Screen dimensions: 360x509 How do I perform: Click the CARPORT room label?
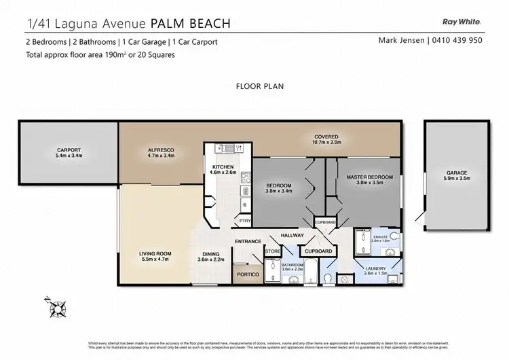(69, 150)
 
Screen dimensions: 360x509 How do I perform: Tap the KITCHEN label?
(223, 166)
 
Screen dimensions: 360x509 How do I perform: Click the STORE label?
(272, 252)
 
